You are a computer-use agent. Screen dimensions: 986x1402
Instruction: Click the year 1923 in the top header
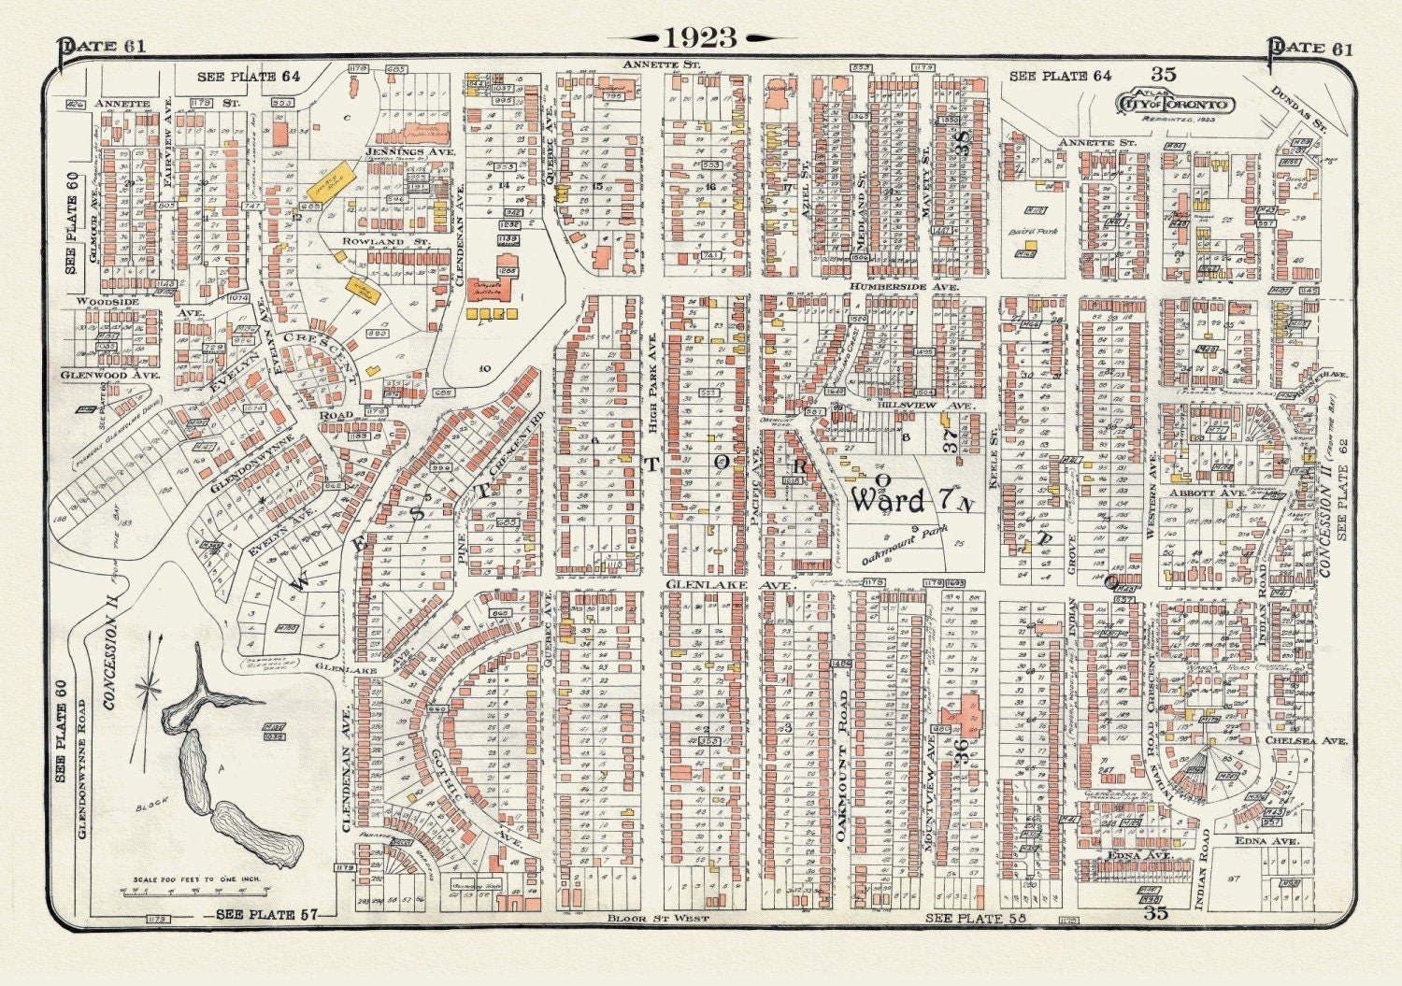(701, 37)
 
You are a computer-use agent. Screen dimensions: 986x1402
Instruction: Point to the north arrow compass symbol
(147, 690)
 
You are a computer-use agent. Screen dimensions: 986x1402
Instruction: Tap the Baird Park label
(1033, 231)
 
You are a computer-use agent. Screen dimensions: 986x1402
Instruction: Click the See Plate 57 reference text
(257, 915)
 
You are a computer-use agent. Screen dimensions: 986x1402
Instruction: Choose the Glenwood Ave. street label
(109, 375)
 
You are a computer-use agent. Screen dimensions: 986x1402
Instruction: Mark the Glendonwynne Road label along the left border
(81, 766)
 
